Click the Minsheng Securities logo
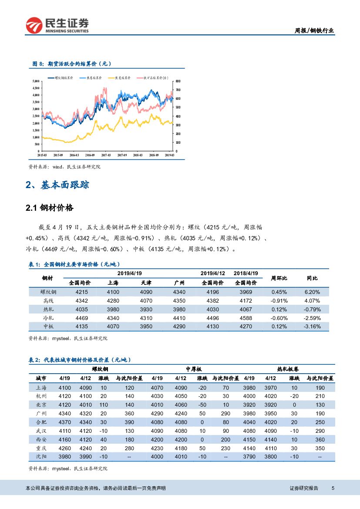coord(57,25)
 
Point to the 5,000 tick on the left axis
coord(36,81)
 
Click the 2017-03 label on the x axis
coord(106,155)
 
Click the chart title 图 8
coord(72,64)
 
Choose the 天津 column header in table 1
coord(146,283)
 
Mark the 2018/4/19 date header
coord(246,273)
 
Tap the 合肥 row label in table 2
coord(41,422)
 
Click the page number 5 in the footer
coord(333,489)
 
